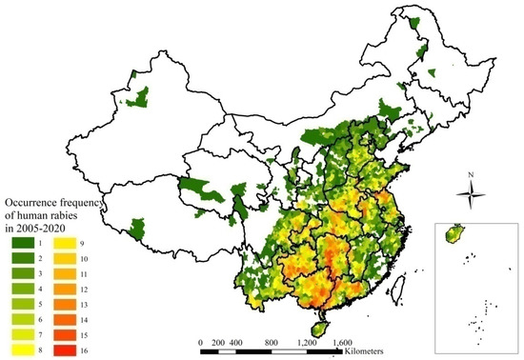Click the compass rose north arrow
[472, 195]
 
